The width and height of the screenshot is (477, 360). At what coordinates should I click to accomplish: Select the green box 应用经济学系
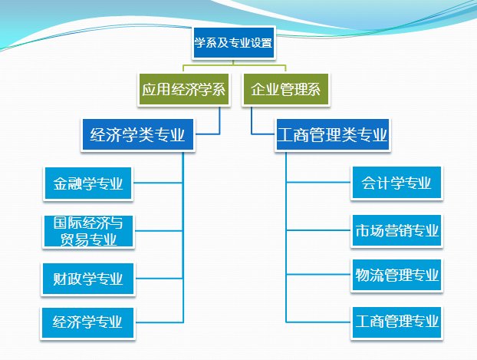pos(184,91)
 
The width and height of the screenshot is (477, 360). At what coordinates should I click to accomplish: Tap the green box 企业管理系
pos(286,91)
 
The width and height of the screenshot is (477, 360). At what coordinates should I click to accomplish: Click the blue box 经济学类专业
pos(138,136)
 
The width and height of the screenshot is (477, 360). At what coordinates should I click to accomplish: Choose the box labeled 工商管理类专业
pos(332,136)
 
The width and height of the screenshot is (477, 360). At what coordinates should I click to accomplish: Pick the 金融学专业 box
pos(88,184)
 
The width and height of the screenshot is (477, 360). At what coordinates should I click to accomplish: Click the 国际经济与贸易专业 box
pos(88,232)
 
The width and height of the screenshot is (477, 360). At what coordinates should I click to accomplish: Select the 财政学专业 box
pos(88,276)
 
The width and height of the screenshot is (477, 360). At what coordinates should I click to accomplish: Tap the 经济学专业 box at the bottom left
pos(88,319)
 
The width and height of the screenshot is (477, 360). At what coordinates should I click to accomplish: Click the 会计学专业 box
pos(396,184)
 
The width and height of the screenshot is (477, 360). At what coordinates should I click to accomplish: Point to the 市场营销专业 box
pos(396,230)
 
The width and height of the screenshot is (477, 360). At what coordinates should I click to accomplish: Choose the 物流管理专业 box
pos(396,275)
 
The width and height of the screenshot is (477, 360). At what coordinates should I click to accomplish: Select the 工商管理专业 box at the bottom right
pos(396,319)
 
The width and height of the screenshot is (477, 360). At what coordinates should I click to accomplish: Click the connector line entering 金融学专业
pos(159,184)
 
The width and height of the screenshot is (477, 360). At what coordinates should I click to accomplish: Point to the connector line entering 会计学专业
pos(318,184)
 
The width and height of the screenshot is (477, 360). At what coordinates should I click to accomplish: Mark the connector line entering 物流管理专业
pos(318,275)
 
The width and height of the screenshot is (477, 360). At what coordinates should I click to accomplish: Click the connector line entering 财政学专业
pos(159,276)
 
